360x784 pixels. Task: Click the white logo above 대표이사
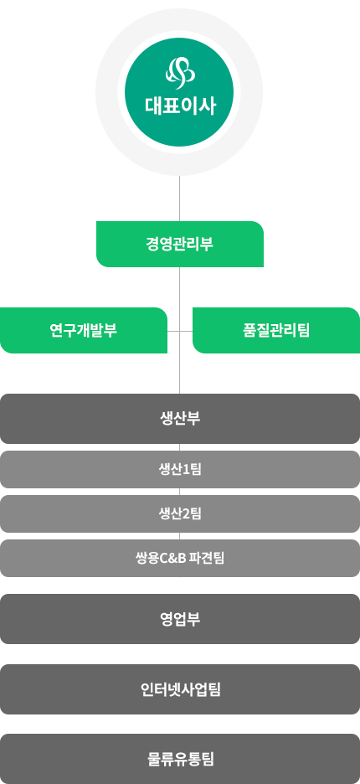click(180, 74)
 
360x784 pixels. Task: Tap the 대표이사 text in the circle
click(181, 106)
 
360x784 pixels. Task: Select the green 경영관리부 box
click(180, 244)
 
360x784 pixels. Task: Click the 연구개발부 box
click(84, 331)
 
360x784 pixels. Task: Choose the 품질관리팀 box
click(276, 331)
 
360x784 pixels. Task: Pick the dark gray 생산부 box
click(180, 419)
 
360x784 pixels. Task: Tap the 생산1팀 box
click(180, 470)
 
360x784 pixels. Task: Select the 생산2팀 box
click(180, 513)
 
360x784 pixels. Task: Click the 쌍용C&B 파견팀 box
click(180, 558)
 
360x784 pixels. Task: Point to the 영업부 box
click(180, 619)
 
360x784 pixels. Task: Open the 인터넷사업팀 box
click(180, 689)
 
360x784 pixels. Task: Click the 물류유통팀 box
click(180, 759)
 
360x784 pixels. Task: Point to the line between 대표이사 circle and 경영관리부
click(179, 199)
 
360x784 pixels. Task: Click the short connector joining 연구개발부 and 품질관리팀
click(180, 331)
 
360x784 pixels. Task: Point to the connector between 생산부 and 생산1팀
click(179, 447)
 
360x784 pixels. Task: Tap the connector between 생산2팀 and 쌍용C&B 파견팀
click(179, 536)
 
